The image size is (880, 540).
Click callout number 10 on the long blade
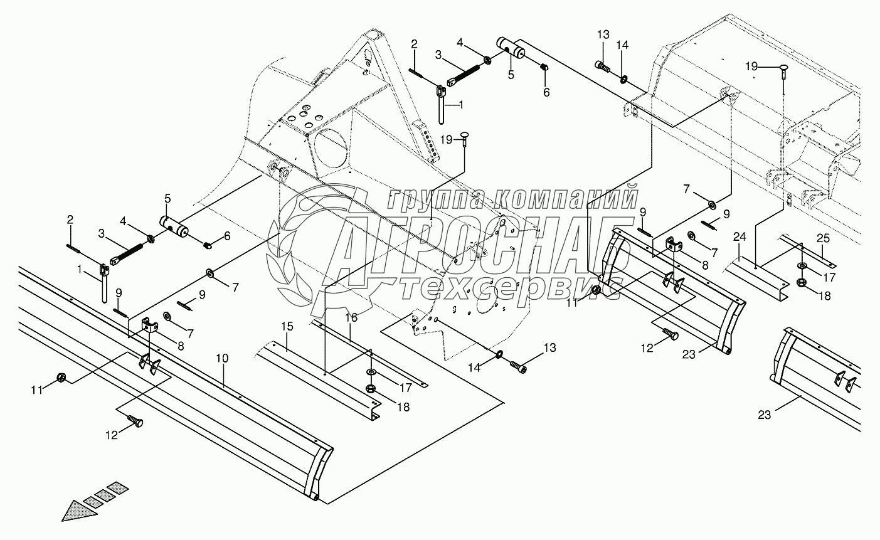(223, 357)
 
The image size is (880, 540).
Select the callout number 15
(287, 327)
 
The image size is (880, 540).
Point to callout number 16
(351, 318)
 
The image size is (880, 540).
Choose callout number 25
(824, 237)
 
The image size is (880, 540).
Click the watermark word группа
(433, 199)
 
